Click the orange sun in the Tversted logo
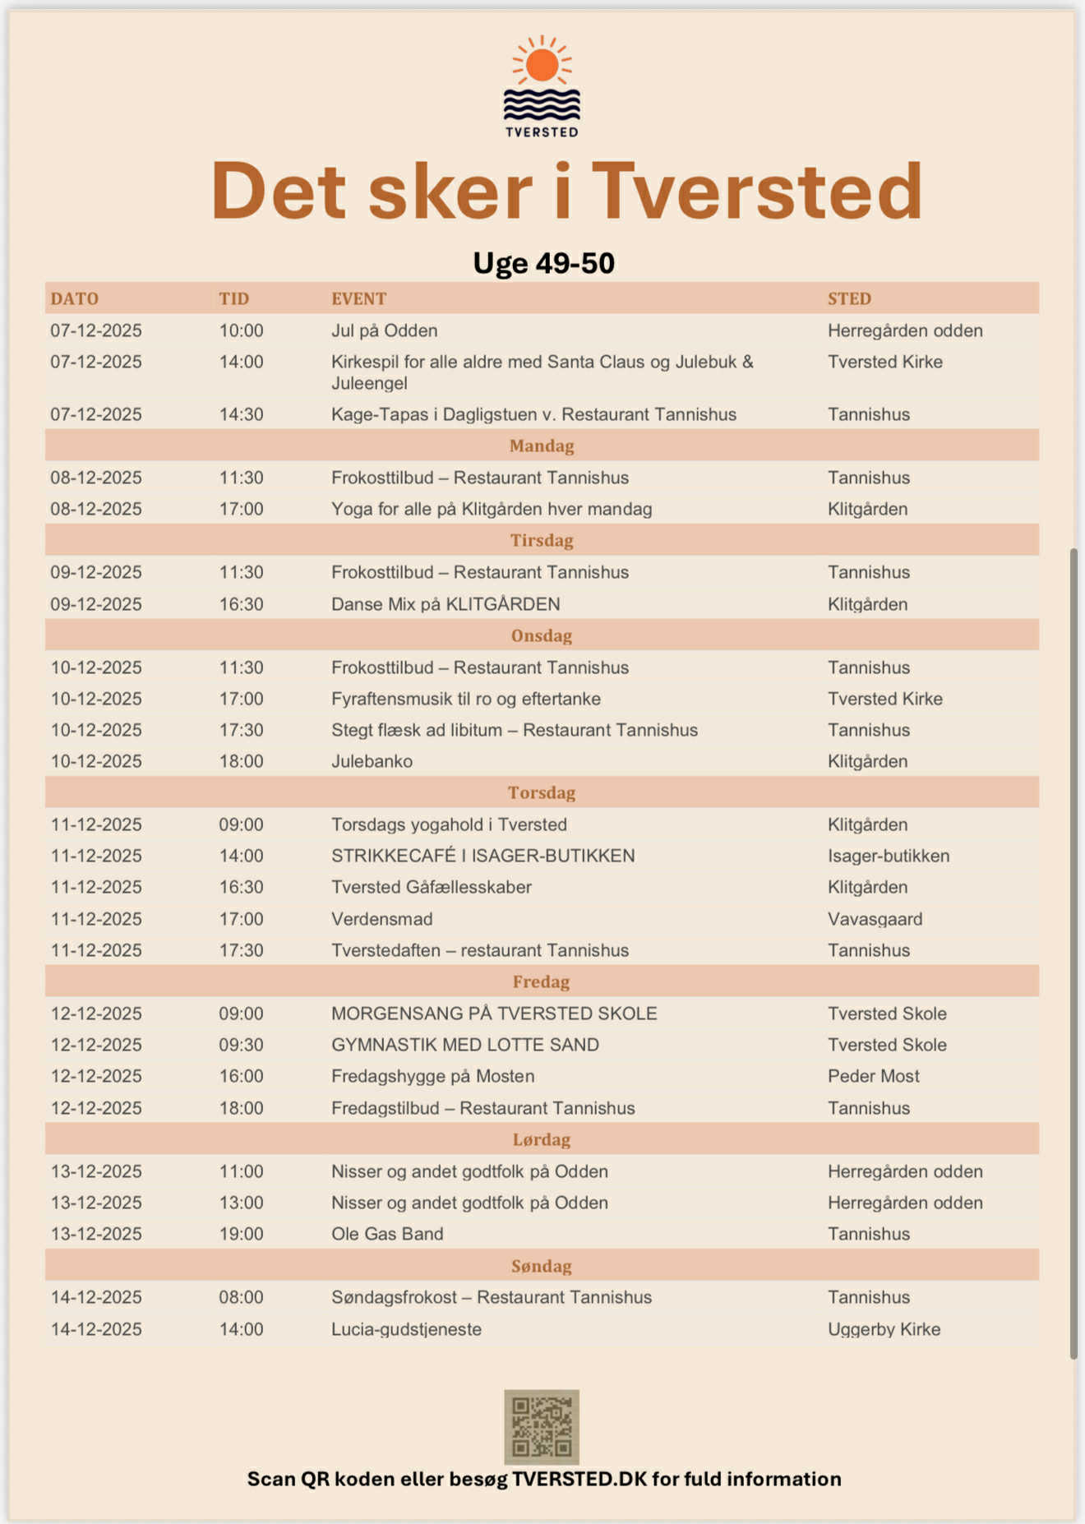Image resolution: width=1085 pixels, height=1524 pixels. point(542,65)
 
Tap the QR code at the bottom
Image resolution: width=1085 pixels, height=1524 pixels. point(542,1426)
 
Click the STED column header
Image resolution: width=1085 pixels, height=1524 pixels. point(849,298)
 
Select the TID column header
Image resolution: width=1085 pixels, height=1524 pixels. point(233,298)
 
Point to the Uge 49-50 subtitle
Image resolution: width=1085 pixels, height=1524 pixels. point(543,263)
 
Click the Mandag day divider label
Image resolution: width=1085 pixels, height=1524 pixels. point(542,446)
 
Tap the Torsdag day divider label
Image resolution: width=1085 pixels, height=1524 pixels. point(542,792)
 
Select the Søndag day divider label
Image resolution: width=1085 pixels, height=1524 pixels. point(542,1266)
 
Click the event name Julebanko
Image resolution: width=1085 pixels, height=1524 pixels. point(372,761)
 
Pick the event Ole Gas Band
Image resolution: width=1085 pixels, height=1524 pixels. point(387,1234)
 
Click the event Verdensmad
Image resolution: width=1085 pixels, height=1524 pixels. point(381,919)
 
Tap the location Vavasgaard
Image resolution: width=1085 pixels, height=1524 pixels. point(875,919)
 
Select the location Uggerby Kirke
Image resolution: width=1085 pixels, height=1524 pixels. point(884,1329)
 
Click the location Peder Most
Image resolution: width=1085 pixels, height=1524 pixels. point(873,1076)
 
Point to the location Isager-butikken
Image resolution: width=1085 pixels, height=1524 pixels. point(888,856)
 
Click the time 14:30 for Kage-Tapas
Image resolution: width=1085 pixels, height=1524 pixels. point(241,414)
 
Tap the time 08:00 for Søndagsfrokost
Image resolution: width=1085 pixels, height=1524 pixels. point(241,1297)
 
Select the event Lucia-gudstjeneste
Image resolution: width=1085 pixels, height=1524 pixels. point(406,1329)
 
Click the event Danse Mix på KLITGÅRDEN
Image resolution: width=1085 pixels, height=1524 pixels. point(446,604)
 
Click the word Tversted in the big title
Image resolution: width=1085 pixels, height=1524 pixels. point(756,192)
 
